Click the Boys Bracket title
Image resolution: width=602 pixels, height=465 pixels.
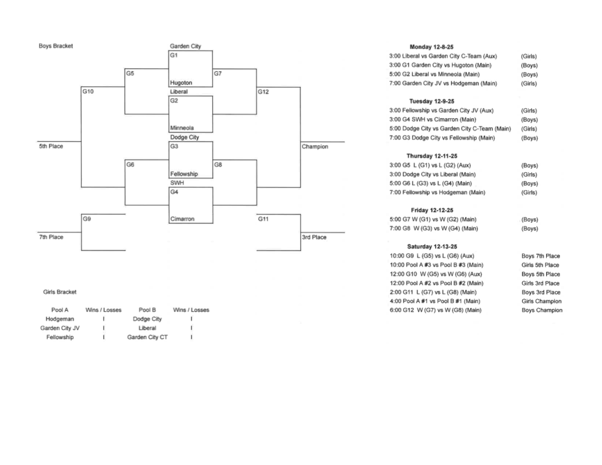click(56, 46)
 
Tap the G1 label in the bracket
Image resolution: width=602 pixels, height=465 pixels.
click(173, 55)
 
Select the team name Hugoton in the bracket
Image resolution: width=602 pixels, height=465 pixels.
click(180, 83)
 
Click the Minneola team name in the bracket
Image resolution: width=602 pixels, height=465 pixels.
click(182, 128)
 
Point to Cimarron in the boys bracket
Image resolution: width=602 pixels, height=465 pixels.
click(182, 219)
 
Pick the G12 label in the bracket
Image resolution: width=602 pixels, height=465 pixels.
click(263, 92)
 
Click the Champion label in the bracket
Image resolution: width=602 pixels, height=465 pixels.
click(315, 146)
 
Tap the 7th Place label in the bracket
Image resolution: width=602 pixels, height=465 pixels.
click(51, 237)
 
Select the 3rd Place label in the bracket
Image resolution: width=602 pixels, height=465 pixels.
click(314, 237)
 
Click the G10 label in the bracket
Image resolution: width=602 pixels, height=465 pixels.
click(88, 92)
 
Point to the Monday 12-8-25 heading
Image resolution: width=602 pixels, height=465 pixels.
click(432, 47)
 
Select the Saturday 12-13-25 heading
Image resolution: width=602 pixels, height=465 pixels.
click(432, 247)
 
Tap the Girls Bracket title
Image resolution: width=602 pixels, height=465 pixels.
click(59, 292)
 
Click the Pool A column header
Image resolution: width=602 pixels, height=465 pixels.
click(59, 310)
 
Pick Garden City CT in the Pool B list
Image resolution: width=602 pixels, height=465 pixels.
click(147, 337)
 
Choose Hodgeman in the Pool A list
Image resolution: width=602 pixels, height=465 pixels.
click(59, 319)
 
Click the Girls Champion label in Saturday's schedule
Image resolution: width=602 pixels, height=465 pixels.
click(541, 301)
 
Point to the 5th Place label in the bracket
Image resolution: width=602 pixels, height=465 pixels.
click(51, 146)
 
